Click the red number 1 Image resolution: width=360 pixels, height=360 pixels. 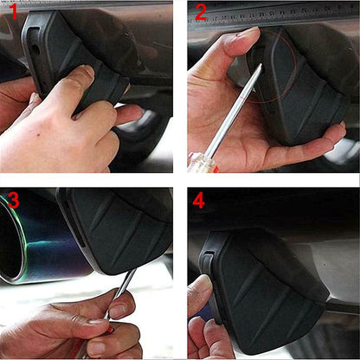tap(13, 11)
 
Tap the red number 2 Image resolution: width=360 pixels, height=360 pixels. tap(201, 12)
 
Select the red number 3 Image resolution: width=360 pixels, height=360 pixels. tap(14, 200)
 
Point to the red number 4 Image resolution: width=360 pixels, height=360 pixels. tap(199, 201)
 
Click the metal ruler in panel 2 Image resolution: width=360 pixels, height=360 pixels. tap(273, 14)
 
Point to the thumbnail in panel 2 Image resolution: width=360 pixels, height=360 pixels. tap(247, 32)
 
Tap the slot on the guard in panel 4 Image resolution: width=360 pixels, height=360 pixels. tap(209, 253)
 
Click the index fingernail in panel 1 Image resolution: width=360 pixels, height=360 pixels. tap(88, 70)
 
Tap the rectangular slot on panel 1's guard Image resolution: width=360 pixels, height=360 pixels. tap(35, 30)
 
